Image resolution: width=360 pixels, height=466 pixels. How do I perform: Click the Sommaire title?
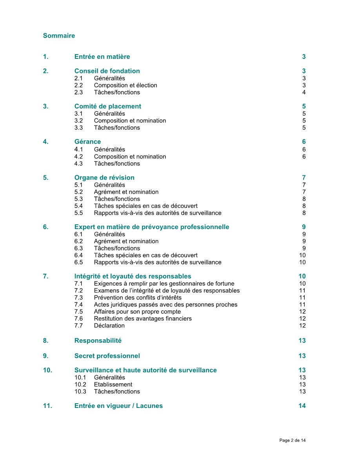point(59,36)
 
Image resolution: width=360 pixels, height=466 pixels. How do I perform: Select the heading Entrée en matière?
point(102,57)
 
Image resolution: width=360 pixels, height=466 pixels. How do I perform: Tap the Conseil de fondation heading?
point(107,71)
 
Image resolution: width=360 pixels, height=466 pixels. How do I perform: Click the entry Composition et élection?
point(125,85)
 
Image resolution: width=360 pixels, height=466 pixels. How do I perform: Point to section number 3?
point(46,106)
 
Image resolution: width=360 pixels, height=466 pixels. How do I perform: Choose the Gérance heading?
point(87,142)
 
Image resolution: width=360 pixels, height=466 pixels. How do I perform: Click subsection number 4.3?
point(78,164)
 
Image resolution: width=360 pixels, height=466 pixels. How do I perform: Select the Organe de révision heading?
point(104,177)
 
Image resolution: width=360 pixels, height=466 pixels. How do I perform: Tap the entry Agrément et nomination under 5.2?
point(126,192)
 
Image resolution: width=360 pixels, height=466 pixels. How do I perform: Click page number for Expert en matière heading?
point(304,227)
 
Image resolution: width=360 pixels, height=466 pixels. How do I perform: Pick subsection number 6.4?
point(78,255)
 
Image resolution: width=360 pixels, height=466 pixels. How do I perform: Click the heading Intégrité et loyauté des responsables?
point(133,276)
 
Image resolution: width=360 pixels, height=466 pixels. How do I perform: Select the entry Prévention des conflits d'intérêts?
point(138,298)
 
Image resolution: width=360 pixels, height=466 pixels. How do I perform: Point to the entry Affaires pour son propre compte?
point(137,312)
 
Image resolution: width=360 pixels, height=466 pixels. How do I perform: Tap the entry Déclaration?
point(109,326)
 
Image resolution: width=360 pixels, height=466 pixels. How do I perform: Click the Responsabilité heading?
point(98,340)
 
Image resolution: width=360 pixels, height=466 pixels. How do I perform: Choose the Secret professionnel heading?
point(107,356)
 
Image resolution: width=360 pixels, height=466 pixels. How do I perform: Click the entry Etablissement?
point(113,384)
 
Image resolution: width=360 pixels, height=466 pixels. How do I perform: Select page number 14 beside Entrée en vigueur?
point(302,406)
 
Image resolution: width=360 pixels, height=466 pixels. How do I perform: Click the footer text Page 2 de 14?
point(293,441)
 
